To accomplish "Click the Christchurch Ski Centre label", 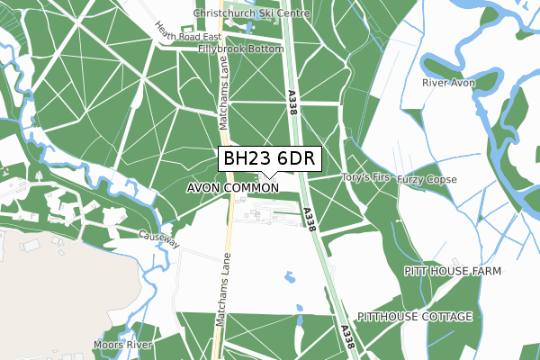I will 251,15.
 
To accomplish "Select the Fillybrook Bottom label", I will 241,49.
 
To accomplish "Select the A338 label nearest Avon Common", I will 310,220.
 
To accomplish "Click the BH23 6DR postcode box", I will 267,158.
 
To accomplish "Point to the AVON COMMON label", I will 233,188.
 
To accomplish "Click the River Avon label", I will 447,83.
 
